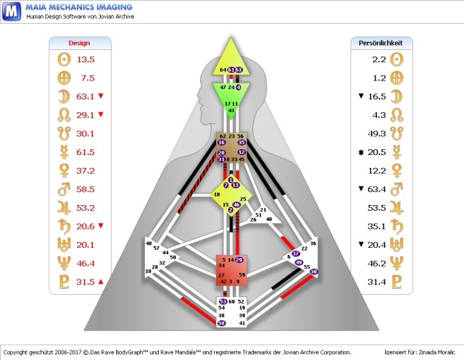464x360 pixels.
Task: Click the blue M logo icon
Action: pos(11,11)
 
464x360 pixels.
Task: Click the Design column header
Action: pos(78,43)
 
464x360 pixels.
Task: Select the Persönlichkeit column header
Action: pos(381,43)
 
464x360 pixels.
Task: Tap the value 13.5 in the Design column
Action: pos(86,59)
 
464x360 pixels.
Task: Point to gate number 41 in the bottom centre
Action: pos(241,323)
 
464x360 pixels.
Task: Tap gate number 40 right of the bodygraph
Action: pos(268,219)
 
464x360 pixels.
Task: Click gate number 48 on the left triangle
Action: pos(149,244)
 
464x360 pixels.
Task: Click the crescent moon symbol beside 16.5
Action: pos(396,96)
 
